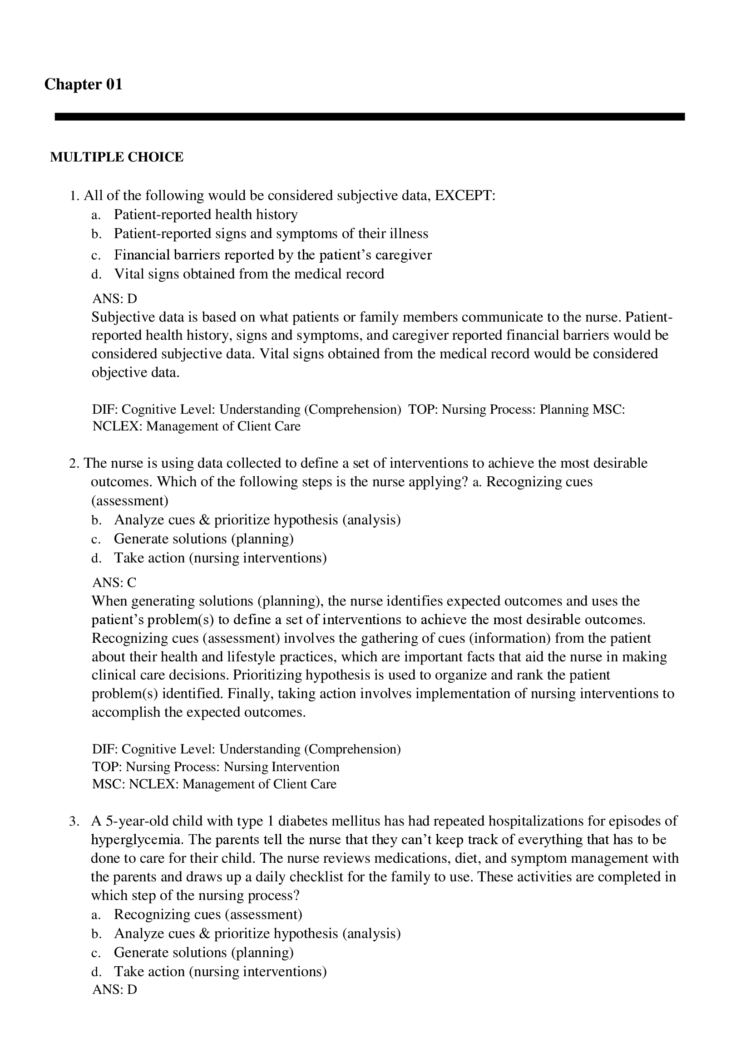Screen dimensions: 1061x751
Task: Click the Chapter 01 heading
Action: [83, 84]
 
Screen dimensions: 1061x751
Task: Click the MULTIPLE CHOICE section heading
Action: [117, 157]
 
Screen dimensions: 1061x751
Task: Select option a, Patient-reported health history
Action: [205, 215]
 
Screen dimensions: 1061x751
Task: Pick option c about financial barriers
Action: [272, 254]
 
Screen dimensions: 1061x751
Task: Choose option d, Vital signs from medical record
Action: [249, 274]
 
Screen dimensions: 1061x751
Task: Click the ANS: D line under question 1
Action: [115, 298]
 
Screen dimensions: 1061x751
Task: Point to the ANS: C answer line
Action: [114, 582]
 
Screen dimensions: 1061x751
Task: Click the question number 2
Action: [74, 463]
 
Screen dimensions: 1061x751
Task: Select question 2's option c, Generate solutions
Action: [203, 539]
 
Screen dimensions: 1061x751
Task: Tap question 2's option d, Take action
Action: [220, 558]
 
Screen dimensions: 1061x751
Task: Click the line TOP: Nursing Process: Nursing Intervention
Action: [216, 767]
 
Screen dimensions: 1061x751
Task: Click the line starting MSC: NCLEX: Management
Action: [214, 784]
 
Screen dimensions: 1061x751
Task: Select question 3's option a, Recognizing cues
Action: [208, 914]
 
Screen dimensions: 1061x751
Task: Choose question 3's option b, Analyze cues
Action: [257, 934]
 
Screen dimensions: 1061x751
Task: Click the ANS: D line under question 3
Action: [115, 989]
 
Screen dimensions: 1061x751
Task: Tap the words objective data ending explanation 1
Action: [134, 372]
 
